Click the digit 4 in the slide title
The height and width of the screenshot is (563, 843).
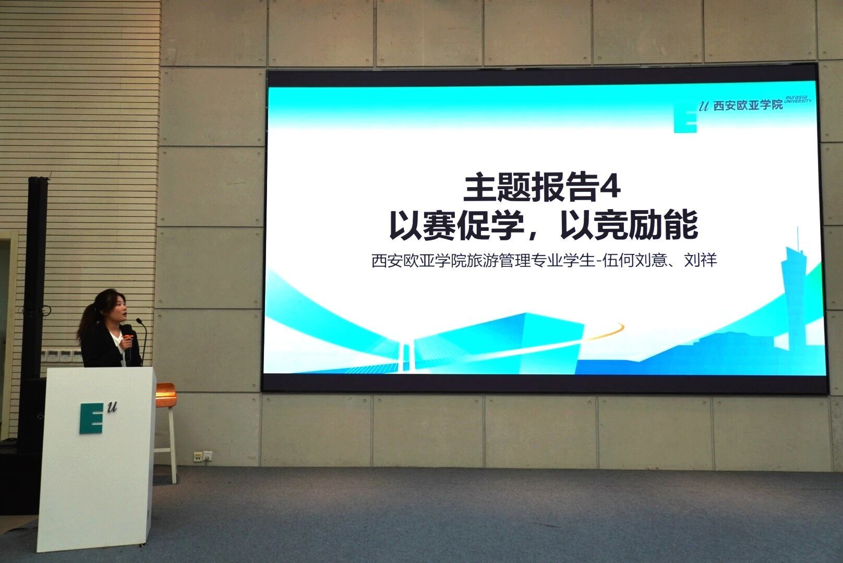tap(610, 187)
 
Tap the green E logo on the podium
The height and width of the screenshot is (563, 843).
tap(91, 418)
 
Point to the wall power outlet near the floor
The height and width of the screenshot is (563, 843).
tap(203, 456)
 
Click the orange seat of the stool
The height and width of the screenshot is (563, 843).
tap(166, 395)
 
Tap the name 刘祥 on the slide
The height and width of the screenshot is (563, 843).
tap(701, 260)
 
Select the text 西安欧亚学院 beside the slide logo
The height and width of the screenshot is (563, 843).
tap(748, 105)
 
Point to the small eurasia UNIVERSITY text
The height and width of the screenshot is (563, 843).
tap(798, 99)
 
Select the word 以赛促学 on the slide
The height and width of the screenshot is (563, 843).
tap(457, 226)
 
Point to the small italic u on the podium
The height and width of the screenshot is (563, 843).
tap(112, 407)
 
